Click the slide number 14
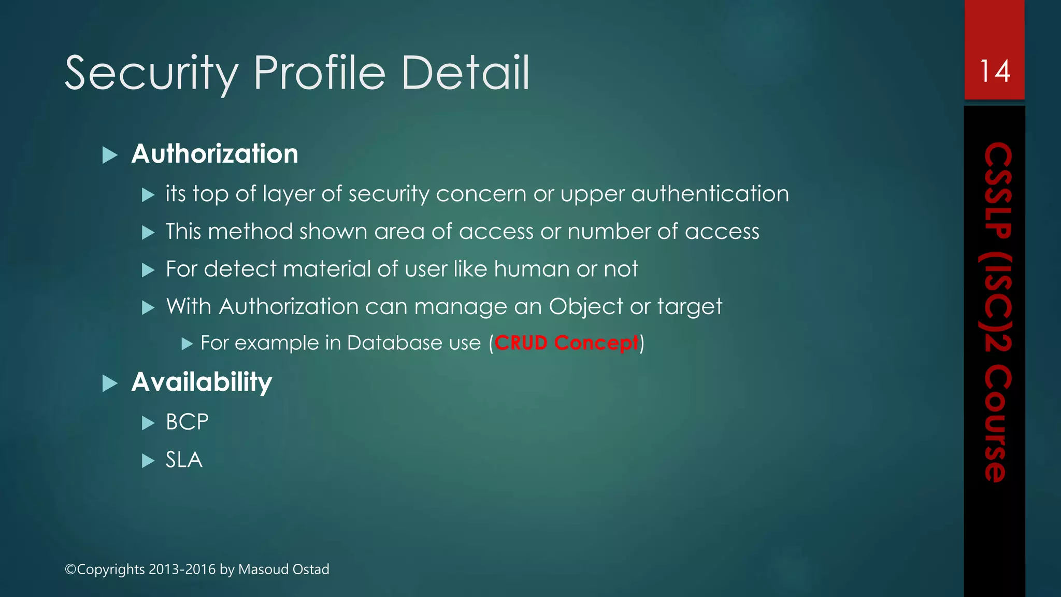995,71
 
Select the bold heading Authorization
214,154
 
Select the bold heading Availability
202,382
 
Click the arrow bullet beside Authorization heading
110,155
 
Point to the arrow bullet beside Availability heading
110,383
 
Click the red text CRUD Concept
566,343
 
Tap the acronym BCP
187,422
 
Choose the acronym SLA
184,460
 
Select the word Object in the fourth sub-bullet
585,307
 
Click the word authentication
710,194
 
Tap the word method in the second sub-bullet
250,232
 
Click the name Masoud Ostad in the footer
283,569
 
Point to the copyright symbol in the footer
70,570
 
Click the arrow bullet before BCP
148,423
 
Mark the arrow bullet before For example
187,344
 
